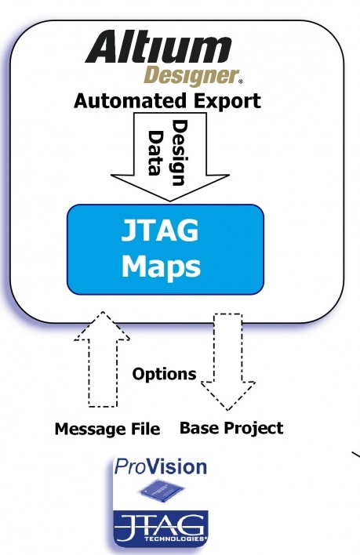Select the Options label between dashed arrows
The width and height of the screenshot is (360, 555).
pos(164,374)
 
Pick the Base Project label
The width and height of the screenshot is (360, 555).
pos(231,428)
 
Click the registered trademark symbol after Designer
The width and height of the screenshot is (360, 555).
pos(239,82)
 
